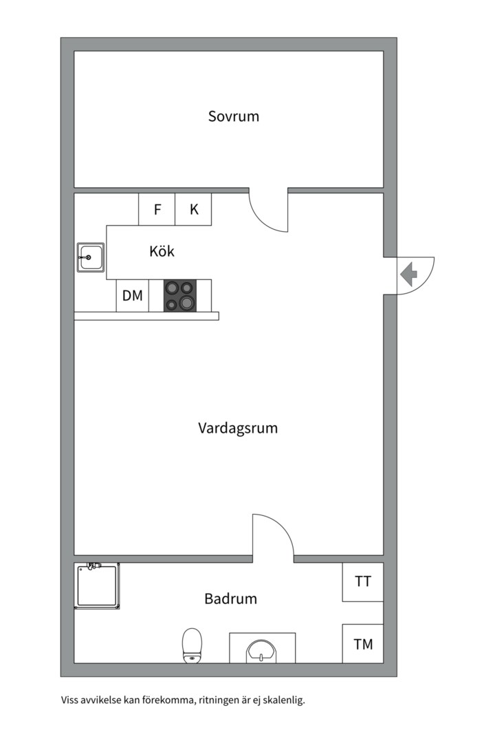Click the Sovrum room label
tap(234, 116)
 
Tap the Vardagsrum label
tap(238, 428)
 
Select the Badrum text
tap(231, 599)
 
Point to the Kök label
tap(162, 250)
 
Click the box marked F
tap(157, 209)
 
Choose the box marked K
tap(193, 209)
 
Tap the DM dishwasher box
tap(133, 296)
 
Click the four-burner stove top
tap(180, 296)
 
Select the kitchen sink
tap(91, 257)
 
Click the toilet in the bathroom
tap(192, 645)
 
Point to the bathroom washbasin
tap(262, 651)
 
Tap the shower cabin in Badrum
tap(97, 585)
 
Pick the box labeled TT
tap(363, 582)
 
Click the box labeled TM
tap(363, 643)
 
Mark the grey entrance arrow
tap(408, 274)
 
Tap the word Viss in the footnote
tap(69, 700)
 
